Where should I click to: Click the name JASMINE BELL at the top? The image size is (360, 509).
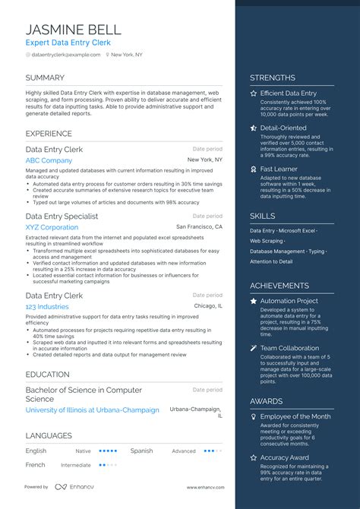[73, 30]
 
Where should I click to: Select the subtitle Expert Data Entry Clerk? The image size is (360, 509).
[69, 43]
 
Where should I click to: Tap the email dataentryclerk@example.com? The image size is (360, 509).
[64, 55]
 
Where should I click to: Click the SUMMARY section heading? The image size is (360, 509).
[45, 78]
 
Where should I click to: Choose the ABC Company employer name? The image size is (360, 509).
[49, 160]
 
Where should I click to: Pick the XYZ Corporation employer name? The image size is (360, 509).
[52, 227]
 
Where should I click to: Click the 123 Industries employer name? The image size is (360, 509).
[47, 306]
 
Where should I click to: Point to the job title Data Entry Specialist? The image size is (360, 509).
[62, 217]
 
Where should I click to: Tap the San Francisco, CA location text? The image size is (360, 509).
[199, 227]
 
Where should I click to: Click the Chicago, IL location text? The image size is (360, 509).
[208, 306]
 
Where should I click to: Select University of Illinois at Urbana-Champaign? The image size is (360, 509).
[92, 410]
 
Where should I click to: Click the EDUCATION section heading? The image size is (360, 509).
[48, 375]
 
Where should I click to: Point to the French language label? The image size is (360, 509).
[35, 465]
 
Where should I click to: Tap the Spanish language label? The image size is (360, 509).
[141, 451]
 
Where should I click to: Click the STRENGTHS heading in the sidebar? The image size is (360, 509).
[273, 77]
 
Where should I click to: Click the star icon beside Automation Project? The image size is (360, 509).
[254, 302]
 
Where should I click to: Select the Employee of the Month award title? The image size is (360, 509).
[295, 416]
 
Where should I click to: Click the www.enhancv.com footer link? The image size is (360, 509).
[204, 487]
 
